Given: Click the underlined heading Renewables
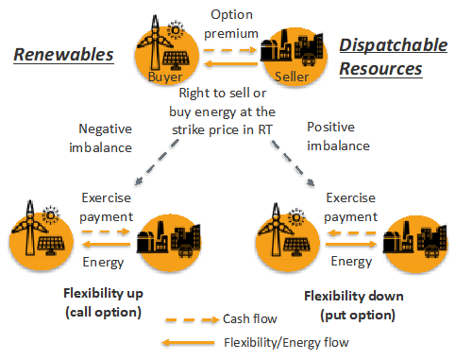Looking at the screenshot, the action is coord(63,55).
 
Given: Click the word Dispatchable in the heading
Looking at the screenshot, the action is coord(394,44).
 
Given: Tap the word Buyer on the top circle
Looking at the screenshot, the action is coord(165,77).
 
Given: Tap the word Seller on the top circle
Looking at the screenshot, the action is coord(292,77).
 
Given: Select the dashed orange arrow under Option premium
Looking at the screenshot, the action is coord(230,50).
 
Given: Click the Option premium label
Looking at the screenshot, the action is coord(231,24).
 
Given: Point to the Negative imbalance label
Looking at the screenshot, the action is coord(101,138).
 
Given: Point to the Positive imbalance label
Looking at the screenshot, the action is coord(338,136).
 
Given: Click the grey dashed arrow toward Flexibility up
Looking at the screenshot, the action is coord(157,163).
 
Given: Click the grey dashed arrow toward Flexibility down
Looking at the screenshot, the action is coord(294,163).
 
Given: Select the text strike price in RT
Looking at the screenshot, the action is coord(222,129).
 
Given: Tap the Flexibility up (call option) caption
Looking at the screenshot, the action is coord(104,302).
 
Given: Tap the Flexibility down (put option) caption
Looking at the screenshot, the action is coord(354,305).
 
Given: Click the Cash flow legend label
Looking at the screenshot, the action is coord(250,319).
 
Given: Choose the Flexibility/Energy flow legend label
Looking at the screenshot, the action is coord(286,342).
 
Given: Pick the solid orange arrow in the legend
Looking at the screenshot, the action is coord(188,343).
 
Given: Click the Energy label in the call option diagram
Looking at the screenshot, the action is coord(103,263).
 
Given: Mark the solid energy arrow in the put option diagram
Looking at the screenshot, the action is coord(351,244).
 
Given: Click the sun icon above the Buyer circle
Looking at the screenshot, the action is coord(176,30).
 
